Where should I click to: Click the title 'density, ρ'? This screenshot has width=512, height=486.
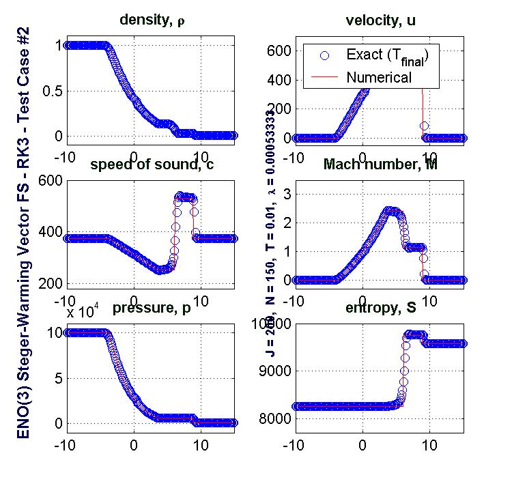pyautogui.click(x=152, y=20)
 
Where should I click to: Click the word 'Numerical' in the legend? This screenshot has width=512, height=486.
pyautogui.click(x=378, y=76)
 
